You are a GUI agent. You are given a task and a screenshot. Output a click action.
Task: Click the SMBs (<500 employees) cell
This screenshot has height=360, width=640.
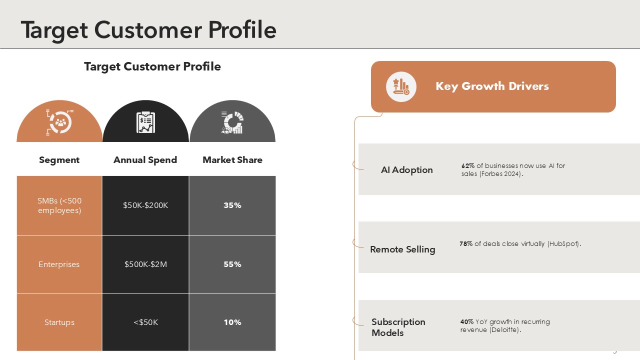click(59, 205)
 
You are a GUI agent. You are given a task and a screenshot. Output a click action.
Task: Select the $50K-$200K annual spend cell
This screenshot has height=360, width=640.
click(145, 205)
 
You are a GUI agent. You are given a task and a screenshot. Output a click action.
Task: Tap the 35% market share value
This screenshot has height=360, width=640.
click(232, 205)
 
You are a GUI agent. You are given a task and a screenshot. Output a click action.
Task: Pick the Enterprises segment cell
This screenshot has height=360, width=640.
click(59, 264)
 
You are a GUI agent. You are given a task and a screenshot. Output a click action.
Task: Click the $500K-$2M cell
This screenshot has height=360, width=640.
click(145, 264)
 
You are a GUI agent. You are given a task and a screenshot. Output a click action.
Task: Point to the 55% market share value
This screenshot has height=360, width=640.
click(232, 264)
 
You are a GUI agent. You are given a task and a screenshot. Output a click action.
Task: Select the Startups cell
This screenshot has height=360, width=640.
click(59, 322)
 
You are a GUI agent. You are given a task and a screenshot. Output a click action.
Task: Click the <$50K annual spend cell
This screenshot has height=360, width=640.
click(145, 322)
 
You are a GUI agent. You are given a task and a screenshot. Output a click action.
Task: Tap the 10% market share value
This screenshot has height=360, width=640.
click(232, 322)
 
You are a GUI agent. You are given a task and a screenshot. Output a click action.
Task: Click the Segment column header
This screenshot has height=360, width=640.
click(59, 160)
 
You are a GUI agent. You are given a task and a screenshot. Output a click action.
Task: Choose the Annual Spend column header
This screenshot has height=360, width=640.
click(145, 160)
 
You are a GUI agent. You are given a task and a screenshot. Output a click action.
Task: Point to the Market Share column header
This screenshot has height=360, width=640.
click(232, 160)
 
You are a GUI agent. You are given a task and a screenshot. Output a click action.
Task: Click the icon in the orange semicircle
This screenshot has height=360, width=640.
click(59, 122)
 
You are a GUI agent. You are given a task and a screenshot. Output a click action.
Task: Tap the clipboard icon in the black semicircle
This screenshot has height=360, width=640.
click(145, 122)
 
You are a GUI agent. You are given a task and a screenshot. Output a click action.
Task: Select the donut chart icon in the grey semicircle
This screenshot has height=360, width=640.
click(232, 122)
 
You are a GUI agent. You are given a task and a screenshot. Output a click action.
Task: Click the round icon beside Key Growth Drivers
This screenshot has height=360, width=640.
click(401, 86)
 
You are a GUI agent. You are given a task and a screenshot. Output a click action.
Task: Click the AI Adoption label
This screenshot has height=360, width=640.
click(406, 170)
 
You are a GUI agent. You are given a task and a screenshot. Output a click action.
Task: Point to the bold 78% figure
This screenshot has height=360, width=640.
click(465, 243)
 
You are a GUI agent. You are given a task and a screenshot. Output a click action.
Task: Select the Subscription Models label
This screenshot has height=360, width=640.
click(398, 327)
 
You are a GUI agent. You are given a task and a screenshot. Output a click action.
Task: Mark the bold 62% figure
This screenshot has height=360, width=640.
click(467, 165)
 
